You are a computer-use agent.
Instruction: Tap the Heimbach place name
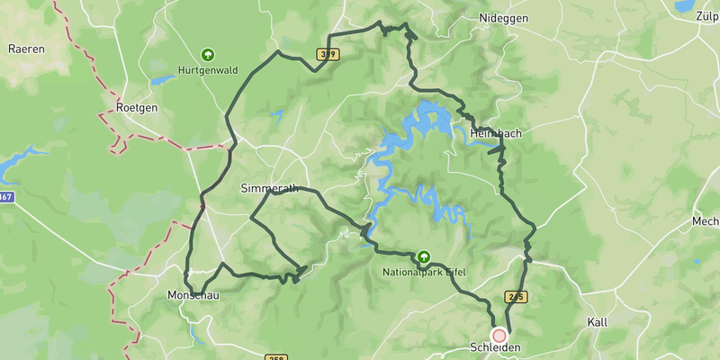(x=495, y=133)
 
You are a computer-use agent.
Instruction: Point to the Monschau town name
(x=193, y=295)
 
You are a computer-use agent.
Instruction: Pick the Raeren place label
(x=26, y=49)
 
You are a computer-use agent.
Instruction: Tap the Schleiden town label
(x=496, y=347)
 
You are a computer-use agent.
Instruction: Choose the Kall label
(x=598, y=321)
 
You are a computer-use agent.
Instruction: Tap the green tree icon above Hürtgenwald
(x=209, y=54)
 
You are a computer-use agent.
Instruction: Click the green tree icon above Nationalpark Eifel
(x=422, y=256)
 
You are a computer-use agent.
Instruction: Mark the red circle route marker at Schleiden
(x=499, y=334)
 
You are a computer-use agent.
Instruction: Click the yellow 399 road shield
(x=328, y=55)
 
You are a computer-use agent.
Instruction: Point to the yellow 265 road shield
(x=516, y=297)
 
